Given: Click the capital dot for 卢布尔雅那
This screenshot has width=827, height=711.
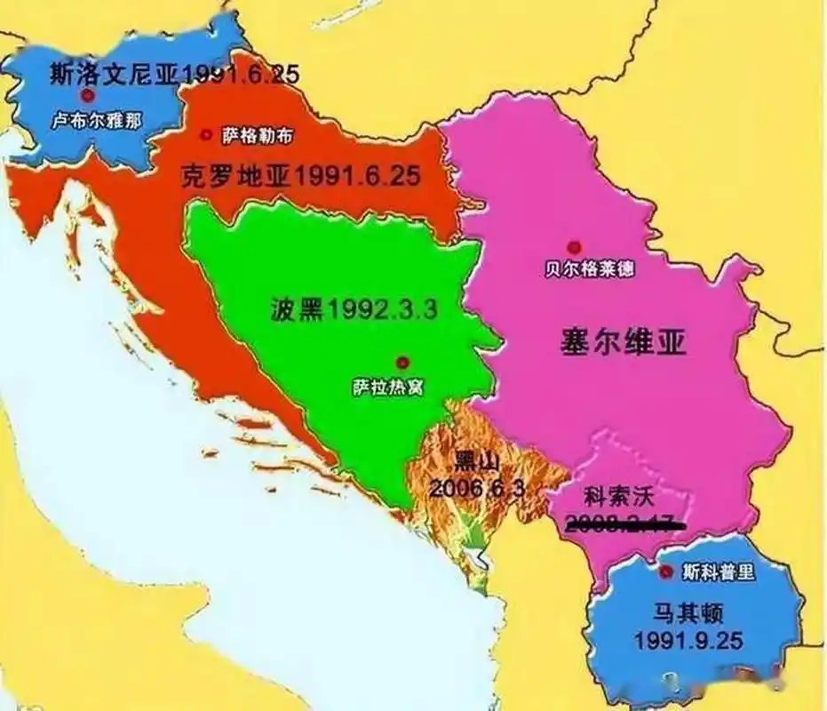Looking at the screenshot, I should coord(87,95).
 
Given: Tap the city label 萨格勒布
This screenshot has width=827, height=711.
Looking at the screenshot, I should coord(257,135).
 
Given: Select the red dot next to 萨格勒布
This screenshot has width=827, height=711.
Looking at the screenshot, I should coord(207,135).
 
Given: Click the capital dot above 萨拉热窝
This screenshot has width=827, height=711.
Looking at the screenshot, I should coord(402,362).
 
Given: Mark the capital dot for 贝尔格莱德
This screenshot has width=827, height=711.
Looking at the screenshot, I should coord(575,246).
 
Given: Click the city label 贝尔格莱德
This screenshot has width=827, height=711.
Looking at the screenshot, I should coord(589,269).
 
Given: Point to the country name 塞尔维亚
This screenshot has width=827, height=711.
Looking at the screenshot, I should coord(624,342).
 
